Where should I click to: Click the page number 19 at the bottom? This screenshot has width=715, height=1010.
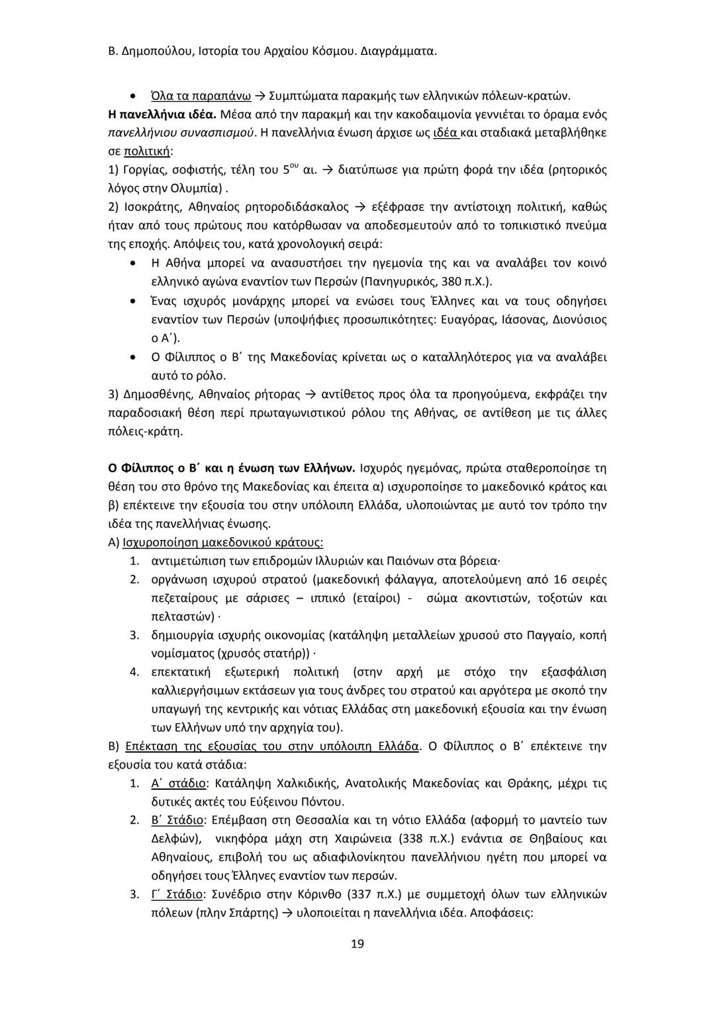click(357, 944)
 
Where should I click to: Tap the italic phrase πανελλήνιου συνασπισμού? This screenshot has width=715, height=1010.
click(181, 132)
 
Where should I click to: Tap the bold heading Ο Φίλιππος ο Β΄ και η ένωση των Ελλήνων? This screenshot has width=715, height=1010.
click(232, 468)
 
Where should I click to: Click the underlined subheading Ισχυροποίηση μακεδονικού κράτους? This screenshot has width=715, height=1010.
click(223, 542)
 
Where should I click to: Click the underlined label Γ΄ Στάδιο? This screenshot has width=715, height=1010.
click(177, 894)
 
